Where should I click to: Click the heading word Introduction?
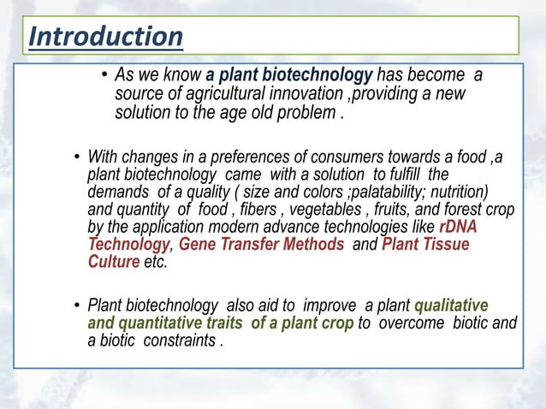coord(105,37)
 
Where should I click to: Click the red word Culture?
coord(114,263)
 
